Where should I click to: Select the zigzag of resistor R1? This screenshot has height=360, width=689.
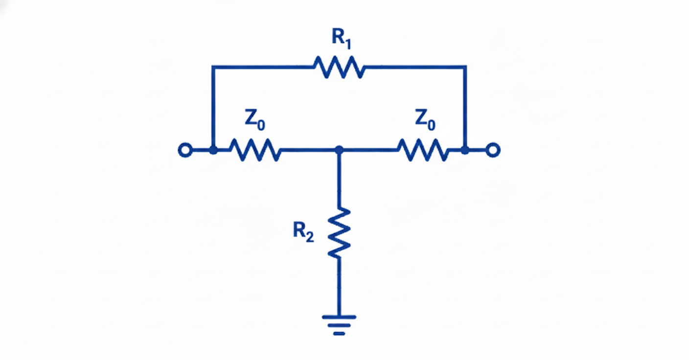[339, 67]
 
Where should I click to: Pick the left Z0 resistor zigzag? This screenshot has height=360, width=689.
[255, 150]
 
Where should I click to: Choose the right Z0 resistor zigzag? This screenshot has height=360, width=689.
[423, 150]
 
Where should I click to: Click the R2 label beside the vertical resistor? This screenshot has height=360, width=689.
[303, 230]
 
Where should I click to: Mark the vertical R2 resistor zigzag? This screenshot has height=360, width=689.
[339, 232]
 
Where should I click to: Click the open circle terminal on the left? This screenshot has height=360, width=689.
[184, 150]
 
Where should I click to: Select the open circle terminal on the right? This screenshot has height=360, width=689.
[493, 150]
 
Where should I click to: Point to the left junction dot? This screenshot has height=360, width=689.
[213, 150]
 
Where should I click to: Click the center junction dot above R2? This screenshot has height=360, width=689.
[339, 150]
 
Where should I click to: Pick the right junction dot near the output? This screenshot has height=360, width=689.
[465, 150]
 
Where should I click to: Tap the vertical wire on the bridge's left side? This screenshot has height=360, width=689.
[212, 108]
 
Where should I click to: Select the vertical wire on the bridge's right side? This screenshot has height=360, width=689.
[465, 108]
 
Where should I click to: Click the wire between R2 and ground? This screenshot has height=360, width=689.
[339, 286]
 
